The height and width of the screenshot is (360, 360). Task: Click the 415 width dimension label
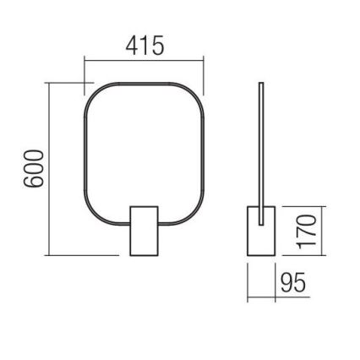coord(145,46)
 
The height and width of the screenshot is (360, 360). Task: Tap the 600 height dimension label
coord(31,169)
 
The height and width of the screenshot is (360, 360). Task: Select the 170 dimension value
coord(309,229)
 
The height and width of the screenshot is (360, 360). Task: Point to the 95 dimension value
coord(292,282)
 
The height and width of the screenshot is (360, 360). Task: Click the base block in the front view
coord(144,229)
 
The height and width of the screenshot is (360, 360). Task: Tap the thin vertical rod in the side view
coord(261,144)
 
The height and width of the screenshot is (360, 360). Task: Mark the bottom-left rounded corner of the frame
coord(92,218)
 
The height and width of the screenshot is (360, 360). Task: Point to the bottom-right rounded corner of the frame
coord(195,218)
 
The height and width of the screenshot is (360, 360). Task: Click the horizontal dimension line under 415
coord(145,61)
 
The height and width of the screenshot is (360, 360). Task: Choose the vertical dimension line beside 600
coord(49,169)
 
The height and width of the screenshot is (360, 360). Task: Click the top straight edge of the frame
coord(144,85)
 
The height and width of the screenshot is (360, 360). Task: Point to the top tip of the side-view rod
coord(261,84)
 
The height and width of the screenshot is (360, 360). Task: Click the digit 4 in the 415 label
coord(132,46)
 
